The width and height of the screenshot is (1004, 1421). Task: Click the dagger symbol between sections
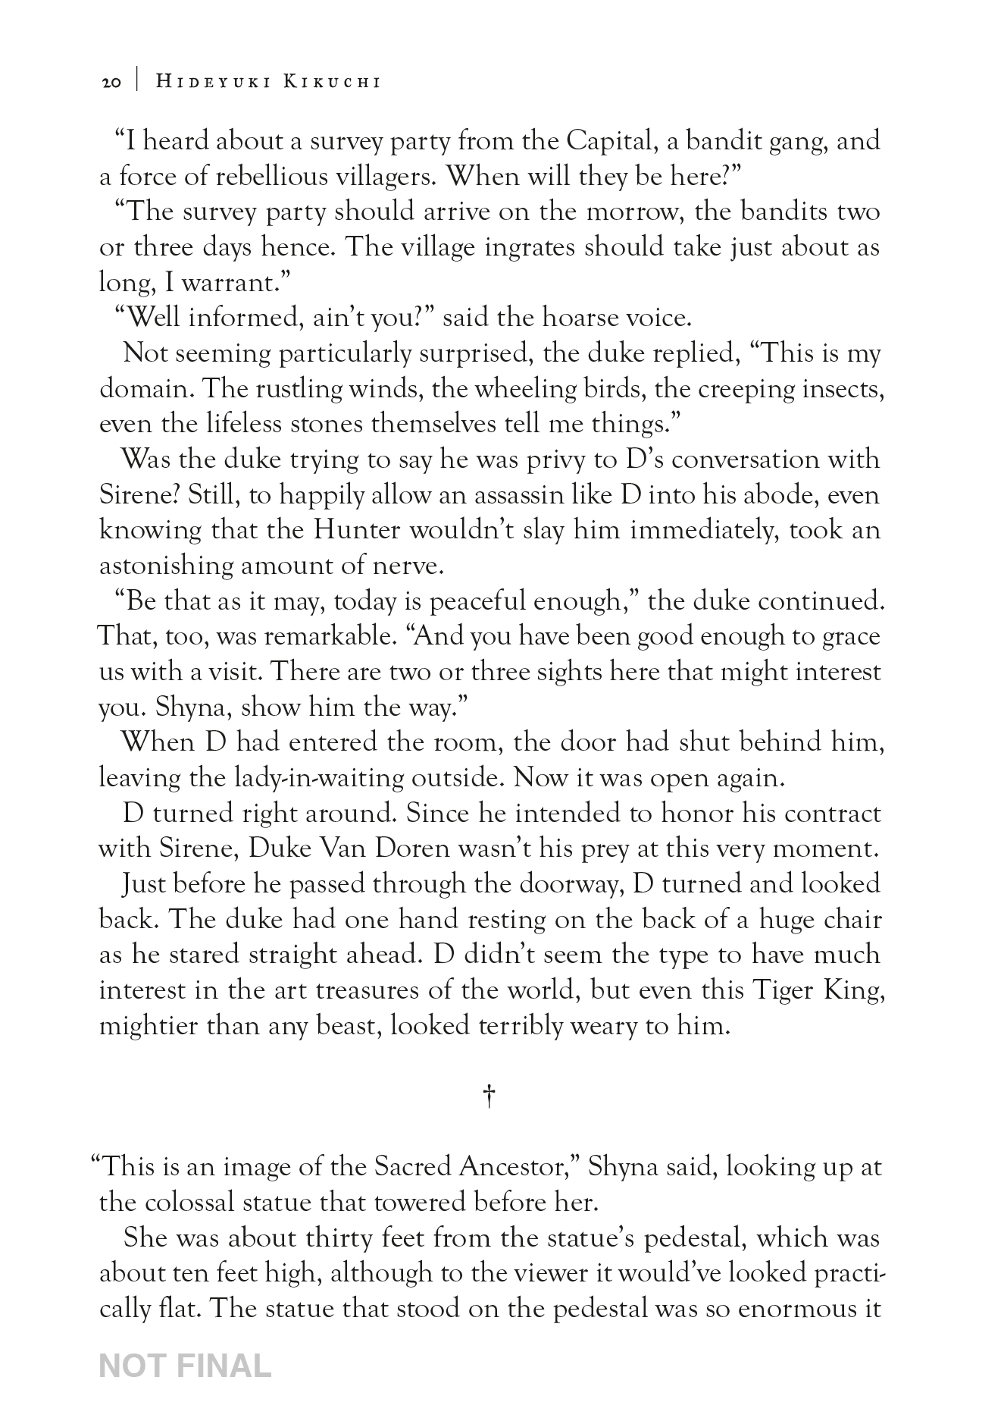point(489,1096)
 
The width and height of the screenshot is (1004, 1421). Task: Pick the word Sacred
point(412,1166)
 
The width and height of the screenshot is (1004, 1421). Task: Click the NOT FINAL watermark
point(185,1366)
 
